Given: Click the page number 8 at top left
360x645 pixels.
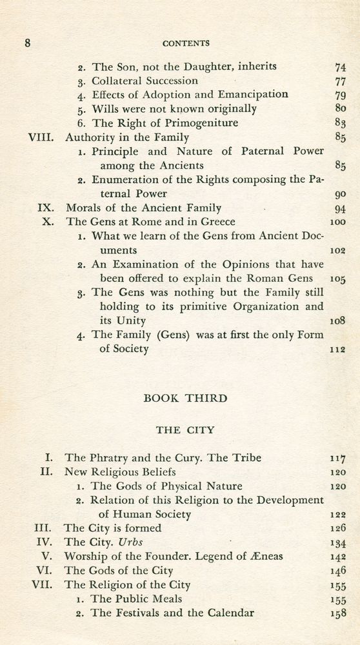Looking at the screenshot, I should point(28,43).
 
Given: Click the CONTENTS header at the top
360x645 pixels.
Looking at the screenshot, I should point(186,43).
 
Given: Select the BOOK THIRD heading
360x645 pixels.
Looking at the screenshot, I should point(185,399).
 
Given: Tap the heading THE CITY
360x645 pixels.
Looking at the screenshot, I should point(185,428).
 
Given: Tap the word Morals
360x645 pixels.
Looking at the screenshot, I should point(84,208).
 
